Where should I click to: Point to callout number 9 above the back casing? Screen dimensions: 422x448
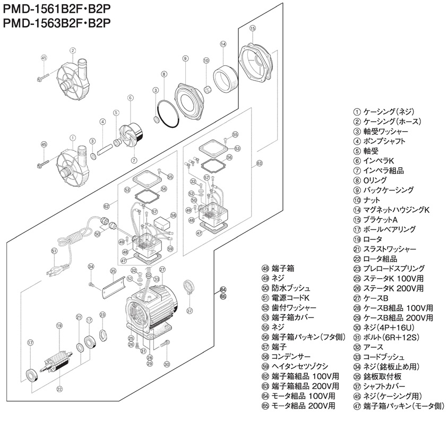pos(186,58)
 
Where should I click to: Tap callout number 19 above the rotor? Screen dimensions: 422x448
pos(59,325)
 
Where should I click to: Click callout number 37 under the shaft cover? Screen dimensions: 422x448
pos(189,310)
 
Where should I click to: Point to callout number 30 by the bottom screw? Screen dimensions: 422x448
pos(167,364)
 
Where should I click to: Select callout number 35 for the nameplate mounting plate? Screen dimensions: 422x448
pos(113,271)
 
